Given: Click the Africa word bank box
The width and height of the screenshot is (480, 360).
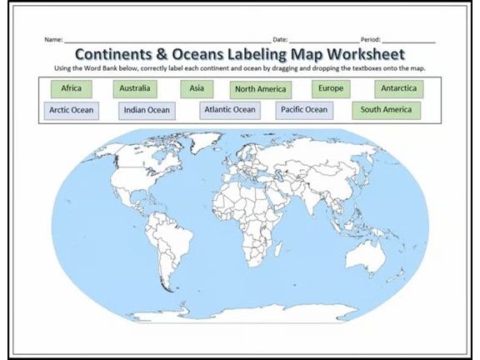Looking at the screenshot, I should point(71,87).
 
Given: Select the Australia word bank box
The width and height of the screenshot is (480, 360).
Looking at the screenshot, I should point(134,87).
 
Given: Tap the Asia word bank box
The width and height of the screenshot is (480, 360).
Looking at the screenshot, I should point(197,87).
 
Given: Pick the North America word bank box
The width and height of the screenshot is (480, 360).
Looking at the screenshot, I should point(261,89).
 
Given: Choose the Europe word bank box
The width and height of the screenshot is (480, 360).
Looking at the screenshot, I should point(331,88).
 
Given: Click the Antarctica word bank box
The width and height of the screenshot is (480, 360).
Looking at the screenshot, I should point(398,88).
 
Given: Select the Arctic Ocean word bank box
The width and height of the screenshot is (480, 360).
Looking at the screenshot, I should point(71,109).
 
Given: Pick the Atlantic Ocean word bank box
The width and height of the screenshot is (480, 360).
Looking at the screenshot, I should point(230,109).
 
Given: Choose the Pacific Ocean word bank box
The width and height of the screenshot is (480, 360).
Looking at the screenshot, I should point(303,109).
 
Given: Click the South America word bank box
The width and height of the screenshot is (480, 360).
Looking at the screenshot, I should point(386,109).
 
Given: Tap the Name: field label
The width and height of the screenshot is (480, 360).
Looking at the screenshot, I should point(53,39).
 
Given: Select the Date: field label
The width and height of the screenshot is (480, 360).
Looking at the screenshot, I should point(280,39).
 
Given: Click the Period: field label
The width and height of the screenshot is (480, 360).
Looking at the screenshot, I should point(371,39).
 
